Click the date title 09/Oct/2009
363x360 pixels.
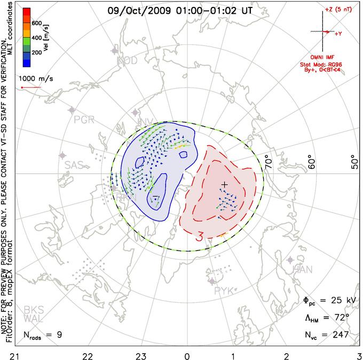(x=137, y=10)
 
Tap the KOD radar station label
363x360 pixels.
(x=127, y=61)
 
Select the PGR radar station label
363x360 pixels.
(x=84, y=119)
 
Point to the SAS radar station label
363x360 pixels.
(x=75, y=165)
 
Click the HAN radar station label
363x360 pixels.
(x=303, y=270)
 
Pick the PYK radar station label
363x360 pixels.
(x=224, y=291)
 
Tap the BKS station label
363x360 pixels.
(x=33, y=310)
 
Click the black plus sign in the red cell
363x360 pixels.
(x=225, y=184)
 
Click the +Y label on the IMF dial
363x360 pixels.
(x=338, y=33)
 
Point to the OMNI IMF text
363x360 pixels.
(x=327, y=57)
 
